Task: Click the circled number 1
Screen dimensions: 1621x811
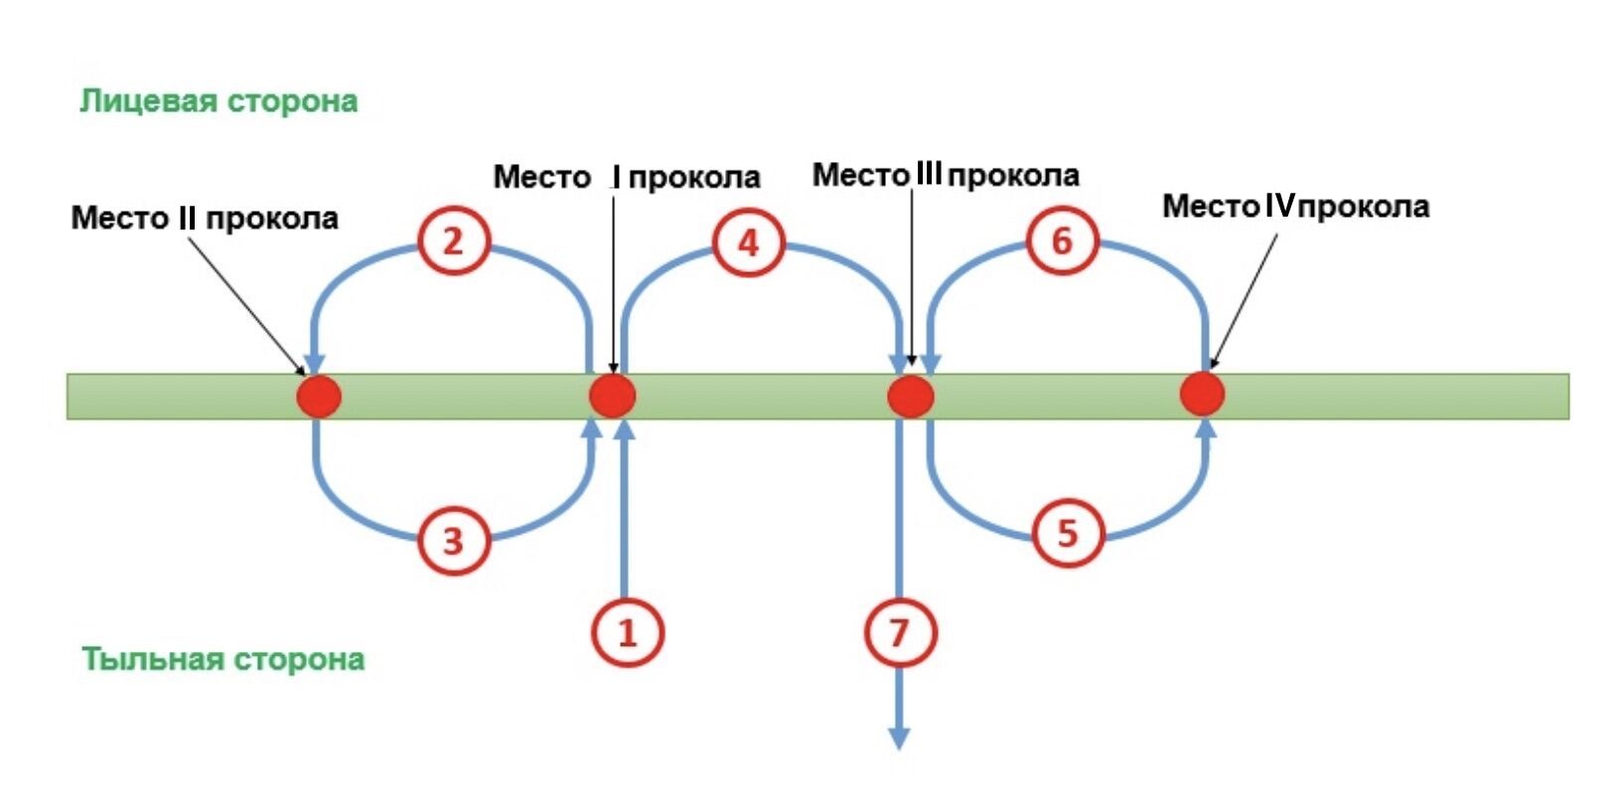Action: tap(628, 632)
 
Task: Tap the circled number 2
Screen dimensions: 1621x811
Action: tap(454, 242)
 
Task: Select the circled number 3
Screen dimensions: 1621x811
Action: tap(454, 541)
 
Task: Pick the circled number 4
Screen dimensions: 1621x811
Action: tap(748, 243)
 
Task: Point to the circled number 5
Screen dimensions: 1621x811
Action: tap(1068, 534)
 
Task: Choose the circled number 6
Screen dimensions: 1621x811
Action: tap(1062, 241)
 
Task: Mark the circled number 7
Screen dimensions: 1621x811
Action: tap(900, 632)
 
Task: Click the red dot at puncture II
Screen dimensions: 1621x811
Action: tap(319, 397)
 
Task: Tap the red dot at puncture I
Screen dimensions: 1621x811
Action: tap(612, 397)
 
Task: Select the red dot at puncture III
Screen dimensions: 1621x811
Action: tap(911, 397)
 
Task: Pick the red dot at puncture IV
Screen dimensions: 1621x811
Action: tap(1202, 394)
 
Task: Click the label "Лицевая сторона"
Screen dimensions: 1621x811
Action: tap(219, 101)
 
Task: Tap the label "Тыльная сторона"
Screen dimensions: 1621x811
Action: tap(222, 660)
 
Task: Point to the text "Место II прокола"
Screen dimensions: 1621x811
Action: tap(205, 219)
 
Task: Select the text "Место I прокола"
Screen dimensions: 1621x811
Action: tap(627, 177)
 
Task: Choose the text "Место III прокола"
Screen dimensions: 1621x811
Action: tap(946, 175)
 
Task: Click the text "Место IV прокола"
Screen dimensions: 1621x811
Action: tap(1296, 207)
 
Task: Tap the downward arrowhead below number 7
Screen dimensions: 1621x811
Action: tap(899, 738)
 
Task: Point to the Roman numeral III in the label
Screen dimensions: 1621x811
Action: tap(929, 174)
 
